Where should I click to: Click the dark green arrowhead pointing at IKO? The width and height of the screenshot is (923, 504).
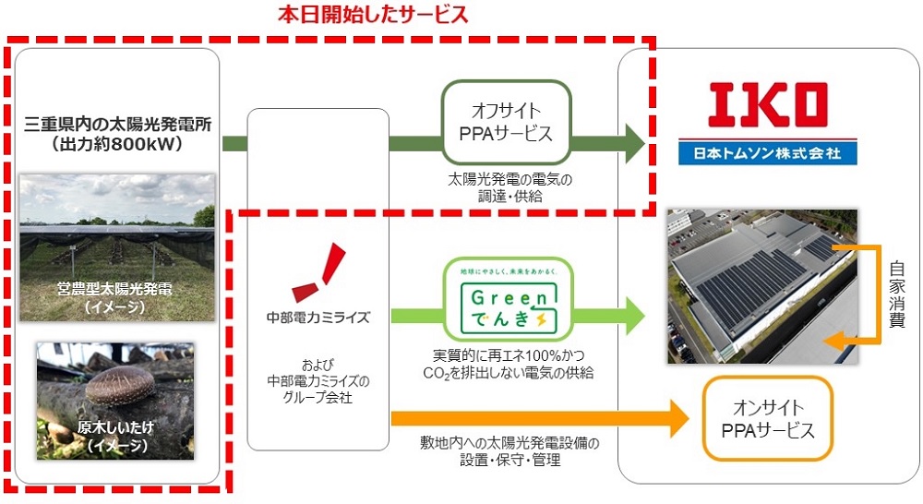pyautogui.click(x=634, y=143)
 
